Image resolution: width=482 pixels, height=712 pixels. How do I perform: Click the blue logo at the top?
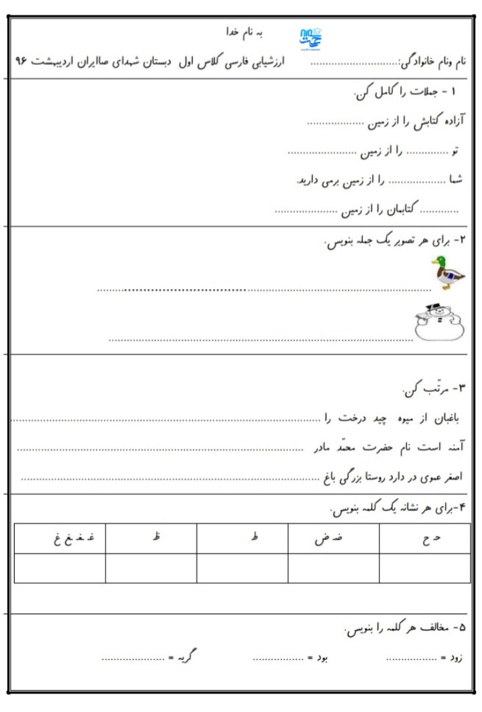coord(309,37)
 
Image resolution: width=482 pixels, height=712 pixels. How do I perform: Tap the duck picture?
coord(447,272)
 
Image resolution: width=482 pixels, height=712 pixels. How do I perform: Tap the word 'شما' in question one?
coord(456,181)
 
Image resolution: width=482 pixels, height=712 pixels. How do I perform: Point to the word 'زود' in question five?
coord(455,658)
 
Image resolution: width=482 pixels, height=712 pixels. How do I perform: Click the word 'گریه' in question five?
coord(185,658)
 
